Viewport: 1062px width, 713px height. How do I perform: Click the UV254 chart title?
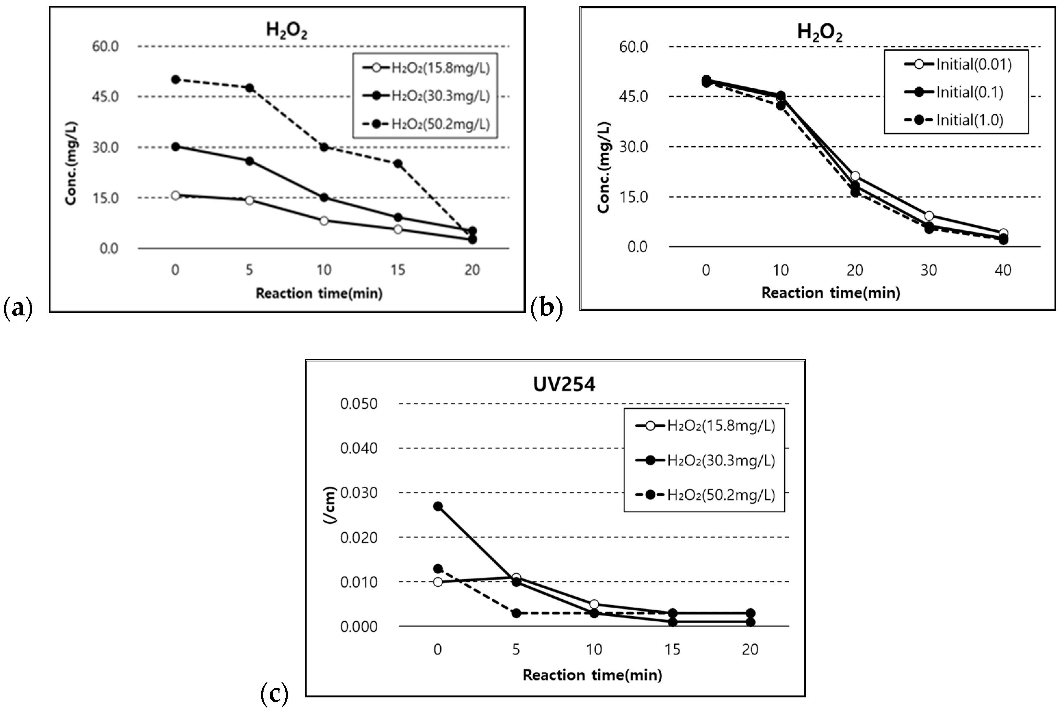point(563,385)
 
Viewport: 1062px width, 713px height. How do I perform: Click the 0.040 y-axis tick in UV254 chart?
point(358,448)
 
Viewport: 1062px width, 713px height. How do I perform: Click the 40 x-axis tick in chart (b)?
point(1003,271)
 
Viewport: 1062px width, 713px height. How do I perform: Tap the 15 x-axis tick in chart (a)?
point(397,270)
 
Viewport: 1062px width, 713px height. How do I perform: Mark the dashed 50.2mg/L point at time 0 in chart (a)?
point(175,80)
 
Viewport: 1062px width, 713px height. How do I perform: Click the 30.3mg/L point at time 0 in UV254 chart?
point(437,506)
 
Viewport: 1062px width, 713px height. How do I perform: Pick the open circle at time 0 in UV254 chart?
point(437,581)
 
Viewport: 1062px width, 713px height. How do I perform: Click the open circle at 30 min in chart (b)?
point(929,216)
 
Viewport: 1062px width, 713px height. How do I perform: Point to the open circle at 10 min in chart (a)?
point(324,221)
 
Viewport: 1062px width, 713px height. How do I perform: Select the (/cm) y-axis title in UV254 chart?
point(330,505)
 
